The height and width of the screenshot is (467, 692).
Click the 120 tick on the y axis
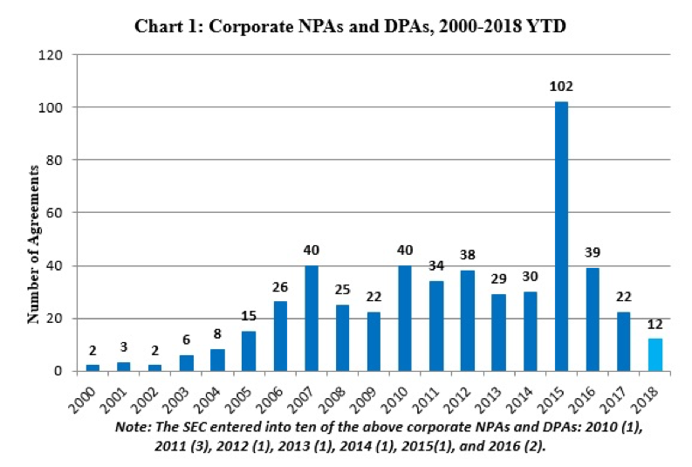(53, 55)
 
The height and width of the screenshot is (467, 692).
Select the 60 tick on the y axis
(57, 213)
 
